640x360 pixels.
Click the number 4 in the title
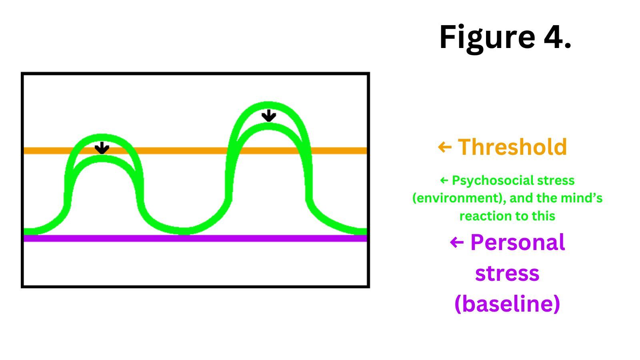[x=554, y=37]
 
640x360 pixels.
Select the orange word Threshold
[x=512, y=147]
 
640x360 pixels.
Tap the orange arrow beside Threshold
[x=445, y=147]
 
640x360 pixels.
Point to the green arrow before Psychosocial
[x=444, y=181]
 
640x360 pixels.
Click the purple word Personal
[x=518, y=242]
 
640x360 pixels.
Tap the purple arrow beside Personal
[x=457, y=242]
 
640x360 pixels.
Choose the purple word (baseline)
[x=507, y=304]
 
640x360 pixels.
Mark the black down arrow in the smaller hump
[x=102, y=148]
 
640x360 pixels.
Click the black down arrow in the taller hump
[x=268, y=116]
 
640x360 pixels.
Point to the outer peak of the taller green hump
[x=268, y=105]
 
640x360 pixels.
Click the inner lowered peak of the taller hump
[x=268, y=126]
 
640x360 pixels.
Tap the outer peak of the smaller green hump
[x=102, y=137]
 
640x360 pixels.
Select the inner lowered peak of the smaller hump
[x=102, y=158]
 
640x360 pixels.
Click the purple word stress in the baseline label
[x=507, y=274]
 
